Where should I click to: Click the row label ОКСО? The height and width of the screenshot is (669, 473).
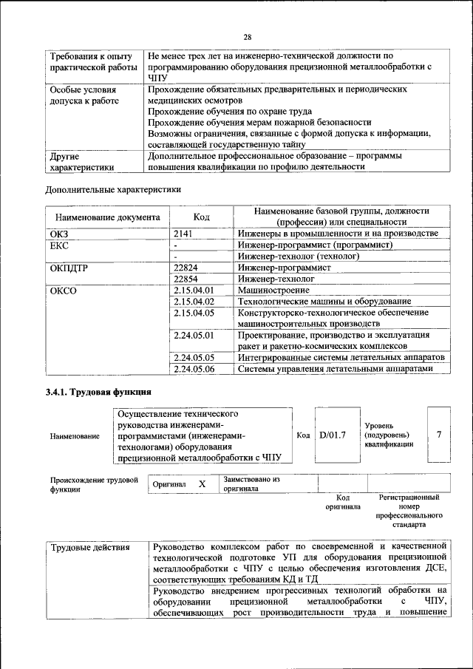coord(63,291)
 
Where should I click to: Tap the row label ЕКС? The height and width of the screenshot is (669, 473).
coord(59,245)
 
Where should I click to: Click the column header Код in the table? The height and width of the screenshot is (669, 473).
coord(201,217)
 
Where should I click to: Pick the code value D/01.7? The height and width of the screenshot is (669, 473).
coord(333,435)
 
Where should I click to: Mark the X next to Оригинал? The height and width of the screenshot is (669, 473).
coord(202,483)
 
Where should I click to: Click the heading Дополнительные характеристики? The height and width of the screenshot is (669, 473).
coord(112,189)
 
